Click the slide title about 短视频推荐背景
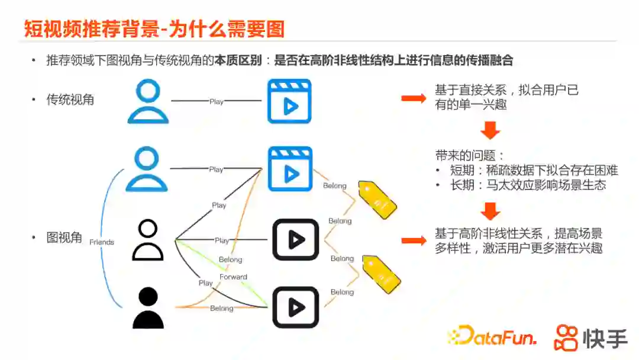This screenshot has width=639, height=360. pyautogui.click(x=154, y=28)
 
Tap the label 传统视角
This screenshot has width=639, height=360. pyautogui.click(x=70, y=99)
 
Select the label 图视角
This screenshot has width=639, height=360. pyautogui.click(x=64, y=238)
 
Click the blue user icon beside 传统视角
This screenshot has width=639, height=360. pyautogui.click(x=148, y=101)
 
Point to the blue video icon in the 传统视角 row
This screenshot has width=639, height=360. pyautogui.click(x=289, y=101)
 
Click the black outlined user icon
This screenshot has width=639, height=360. pyautogui.click(x=147, y=240)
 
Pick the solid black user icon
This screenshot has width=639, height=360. pyautogui.click(x=147, y=307)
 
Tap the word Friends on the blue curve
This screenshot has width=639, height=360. pyautogui.click(x=102, y=242)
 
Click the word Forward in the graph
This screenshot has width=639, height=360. pyautogui.click(x=233, y=277)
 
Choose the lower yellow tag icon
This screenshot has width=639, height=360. pyautogui.click(x=382, y=273)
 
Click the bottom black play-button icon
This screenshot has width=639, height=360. pyautogui.click(x=295, y=307)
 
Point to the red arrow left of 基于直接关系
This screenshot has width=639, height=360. pyautogui.click(x=414, y=98)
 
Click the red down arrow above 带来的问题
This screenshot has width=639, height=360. pyautogui.click(x=490, y=130)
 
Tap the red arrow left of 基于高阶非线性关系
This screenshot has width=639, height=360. pyautogui.click(x=414, y=240)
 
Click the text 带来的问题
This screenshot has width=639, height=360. pyautogui.click(x=470, y=156)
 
